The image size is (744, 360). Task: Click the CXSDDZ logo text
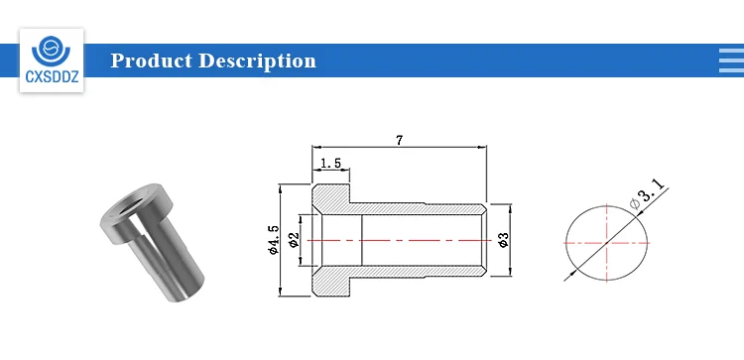pyautogui.click(x=52, y=76)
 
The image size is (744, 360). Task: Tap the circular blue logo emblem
pyautogui.click(x=51, y=51)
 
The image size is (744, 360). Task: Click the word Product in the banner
pyautogui.click(x=152, y=60)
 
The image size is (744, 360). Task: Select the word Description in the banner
pyautogui.click(x=257, y=61)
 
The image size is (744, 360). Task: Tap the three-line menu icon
pyautogui.click(x=732, y=60)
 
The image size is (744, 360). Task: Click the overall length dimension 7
pyautogui.click(x=399, y=141)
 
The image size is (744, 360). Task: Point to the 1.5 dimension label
pyautogui.click(x=330, y=164)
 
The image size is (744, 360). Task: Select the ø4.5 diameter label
pyautogui.click(x=274, y=240)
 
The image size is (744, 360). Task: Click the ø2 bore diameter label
pyautogui.click(x=295, y=240)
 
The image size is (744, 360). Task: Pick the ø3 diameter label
pyautogui.click(x=504, y=240)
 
